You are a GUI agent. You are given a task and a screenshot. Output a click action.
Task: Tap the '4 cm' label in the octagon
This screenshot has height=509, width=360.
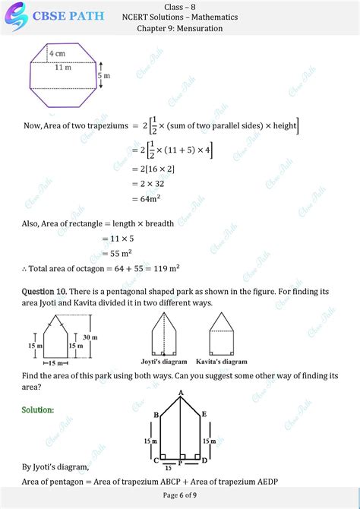pos(57,54)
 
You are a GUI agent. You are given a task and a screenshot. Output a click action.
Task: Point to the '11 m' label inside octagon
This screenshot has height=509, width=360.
pos(63,68)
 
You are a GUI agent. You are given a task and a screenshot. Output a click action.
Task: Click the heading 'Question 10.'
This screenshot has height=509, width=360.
pos(46,292)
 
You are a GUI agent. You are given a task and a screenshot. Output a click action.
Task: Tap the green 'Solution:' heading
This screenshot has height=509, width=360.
pos(38,409)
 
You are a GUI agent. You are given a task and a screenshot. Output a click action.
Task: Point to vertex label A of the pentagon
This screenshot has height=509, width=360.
pos(181,392)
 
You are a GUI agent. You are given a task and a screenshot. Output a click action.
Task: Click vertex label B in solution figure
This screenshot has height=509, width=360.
pos(156,415)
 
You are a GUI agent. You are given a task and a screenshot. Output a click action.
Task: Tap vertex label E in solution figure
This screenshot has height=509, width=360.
pos(205,415)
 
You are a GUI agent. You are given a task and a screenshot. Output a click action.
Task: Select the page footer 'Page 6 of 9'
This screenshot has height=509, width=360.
pos(180,495)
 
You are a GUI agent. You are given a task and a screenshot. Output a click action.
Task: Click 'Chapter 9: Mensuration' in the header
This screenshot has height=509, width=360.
pos(180,28)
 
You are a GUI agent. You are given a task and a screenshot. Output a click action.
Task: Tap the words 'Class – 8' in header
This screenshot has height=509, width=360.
pos(180,6)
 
